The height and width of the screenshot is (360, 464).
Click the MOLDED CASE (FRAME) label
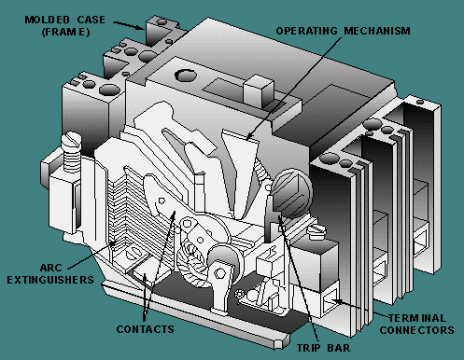tap(64, 26)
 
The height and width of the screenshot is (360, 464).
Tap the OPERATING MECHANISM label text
tap(343, 31)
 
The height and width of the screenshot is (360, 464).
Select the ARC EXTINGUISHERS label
tap(50, 273)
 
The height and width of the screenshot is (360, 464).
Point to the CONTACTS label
tap(145, 329)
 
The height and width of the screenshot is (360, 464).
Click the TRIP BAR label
tap(323, 348)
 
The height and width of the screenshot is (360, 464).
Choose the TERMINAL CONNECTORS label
tap(416, 324)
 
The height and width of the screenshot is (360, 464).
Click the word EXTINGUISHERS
tap(50, 280)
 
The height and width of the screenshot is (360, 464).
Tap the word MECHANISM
tap(377, 31)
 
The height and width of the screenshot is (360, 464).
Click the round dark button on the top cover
tap(186, 75)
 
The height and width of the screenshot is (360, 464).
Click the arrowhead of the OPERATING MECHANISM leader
tap(248, 136)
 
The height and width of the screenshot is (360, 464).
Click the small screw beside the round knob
tap(316, 231)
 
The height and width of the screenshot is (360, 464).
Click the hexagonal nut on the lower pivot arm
tap(219, 273)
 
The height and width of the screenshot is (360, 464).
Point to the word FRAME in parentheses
tap(65, 32)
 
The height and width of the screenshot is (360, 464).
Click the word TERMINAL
tap(417, 318)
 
